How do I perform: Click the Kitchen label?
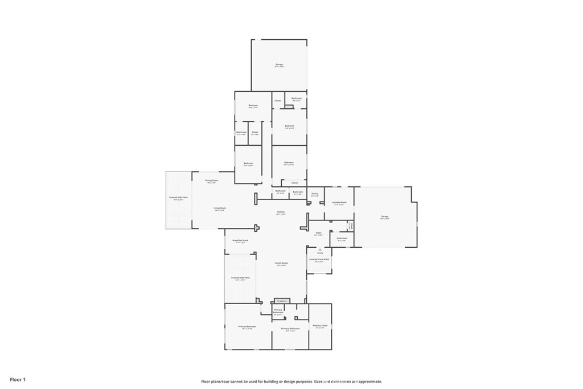coord(281,212)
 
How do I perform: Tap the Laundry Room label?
coord(339,202)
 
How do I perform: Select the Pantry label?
coord(315,194)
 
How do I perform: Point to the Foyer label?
coord(319,232)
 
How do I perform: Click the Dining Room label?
coord(212,181)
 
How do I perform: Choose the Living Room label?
coord(220,208)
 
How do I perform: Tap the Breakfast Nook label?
coord(240,240)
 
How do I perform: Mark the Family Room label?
coord(281,263)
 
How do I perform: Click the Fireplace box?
coord(280,301)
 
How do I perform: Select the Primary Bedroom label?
coord(247,326)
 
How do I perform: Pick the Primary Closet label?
coord(320,326)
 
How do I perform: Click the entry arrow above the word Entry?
coord(320,249)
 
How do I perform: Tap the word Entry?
coord(320,253)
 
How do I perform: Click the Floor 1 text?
coord(18,379)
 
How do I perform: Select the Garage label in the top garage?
coord(279,65)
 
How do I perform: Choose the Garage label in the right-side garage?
coord(385,216)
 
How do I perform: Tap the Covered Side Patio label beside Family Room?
coord(240,278)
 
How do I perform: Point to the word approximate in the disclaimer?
coord(369,382)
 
